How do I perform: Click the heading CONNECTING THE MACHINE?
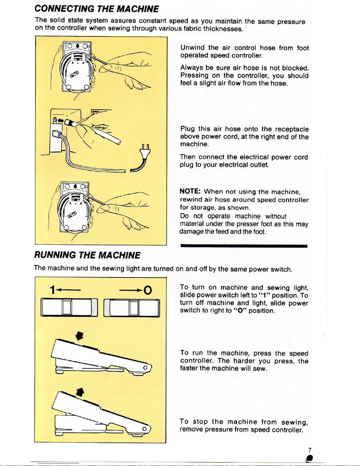[97, 9]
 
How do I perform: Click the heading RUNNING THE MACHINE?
[87, 255]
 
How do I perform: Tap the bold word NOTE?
[190, 191]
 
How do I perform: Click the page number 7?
[309, 450]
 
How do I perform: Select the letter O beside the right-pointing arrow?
[148, 290]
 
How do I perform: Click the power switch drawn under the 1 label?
[69, 308]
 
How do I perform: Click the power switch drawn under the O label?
[132, 308]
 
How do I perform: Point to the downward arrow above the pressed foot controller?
[79, 335]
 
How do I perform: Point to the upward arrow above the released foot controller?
[80, 392]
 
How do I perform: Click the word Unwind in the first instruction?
[192, 48]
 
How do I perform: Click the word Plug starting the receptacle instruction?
[187, 129]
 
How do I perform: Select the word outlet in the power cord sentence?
[259, 165]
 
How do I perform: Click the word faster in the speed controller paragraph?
[189, 368]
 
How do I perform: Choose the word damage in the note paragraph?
[191, 232]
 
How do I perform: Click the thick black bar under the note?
[244, 246]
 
